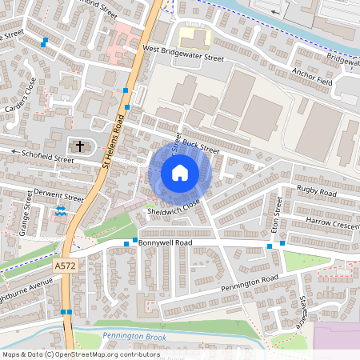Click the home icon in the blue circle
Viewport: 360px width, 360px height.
tap(180, 173)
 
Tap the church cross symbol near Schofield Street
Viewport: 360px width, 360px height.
tap(79, 146)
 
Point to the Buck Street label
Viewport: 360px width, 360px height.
tap(200, 144)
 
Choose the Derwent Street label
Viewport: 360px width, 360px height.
tap(57, 197)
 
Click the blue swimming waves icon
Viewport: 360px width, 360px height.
tap(62, 210)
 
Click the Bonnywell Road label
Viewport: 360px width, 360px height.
tap(165, 241)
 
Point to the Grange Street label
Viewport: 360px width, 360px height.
tap(26, 218)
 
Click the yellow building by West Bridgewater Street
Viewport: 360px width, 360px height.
tap(193, 35)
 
